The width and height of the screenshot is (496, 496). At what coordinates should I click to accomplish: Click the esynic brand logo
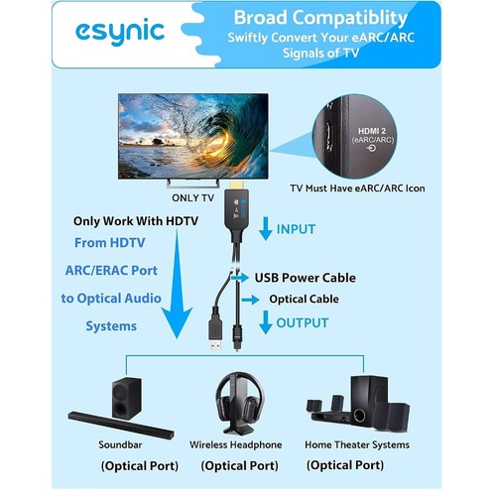click(x=120, y=32)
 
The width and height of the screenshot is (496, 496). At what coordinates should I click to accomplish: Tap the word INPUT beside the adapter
click(x=296, y=229)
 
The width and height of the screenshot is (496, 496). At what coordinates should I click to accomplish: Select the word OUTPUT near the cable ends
click(x=303, y=323)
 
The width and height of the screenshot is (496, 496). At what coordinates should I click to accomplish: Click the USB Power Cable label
click(x=306, y=278)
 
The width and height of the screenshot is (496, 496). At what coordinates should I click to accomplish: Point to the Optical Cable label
click(x=304, y=299)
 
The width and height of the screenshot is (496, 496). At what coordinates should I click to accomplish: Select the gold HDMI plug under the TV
click(x=237, y=186)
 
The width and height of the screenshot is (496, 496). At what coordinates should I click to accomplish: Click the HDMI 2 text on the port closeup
click(x=372, y=131)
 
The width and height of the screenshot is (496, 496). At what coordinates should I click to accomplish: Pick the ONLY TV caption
click(x=192, y=198)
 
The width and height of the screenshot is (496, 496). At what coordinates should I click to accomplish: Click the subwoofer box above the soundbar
click(x=126, y=399)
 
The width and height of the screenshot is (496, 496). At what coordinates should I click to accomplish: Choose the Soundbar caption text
click(x=120, y=444)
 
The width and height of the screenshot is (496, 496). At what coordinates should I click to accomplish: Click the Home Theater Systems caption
click(x=357, y=445)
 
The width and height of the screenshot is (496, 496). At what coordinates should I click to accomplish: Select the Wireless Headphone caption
click(x=236, y=445)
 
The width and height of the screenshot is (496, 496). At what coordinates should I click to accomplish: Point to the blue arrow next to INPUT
click(x=266, y=228)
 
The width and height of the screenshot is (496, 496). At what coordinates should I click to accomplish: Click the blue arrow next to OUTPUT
click(x=265, y=322)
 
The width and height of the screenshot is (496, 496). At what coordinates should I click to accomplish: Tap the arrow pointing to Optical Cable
click(x=250, y=300)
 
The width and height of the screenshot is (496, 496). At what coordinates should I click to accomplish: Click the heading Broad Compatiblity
click(x=320, y=18)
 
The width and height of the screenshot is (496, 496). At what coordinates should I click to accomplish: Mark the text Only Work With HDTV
click(x=136, y=221)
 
